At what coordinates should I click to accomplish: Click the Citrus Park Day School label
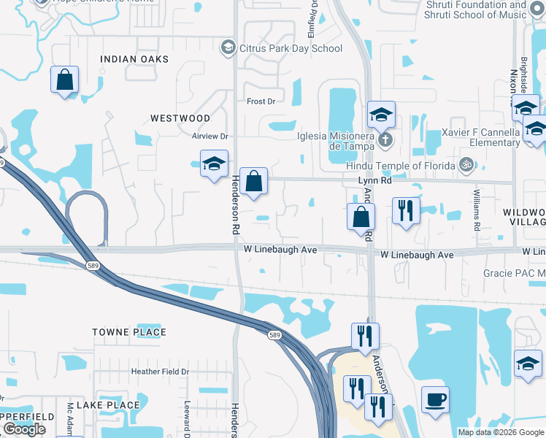[291, 49]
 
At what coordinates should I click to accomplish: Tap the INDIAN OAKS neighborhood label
[134, 59]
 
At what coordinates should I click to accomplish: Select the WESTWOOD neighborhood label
[180, 118]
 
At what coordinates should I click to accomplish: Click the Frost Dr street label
[261, 101]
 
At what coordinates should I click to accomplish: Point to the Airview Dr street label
[210, 137]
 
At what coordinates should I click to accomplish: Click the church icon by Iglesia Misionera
[387, 138]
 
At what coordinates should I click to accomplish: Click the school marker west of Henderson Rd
[214, 164]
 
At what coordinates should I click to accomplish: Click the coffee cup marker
[436, 399]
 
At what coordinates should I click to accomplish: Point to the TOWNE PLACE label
[129, 332]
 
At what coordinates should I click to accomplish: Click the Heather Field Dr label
[160, 372]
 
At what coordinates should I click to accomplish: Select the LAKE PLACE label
[108, 405]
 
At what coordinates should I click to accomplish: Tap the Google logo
[24, 429]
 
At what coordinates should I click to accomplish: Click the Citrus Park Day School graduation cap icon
[228, 49]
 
